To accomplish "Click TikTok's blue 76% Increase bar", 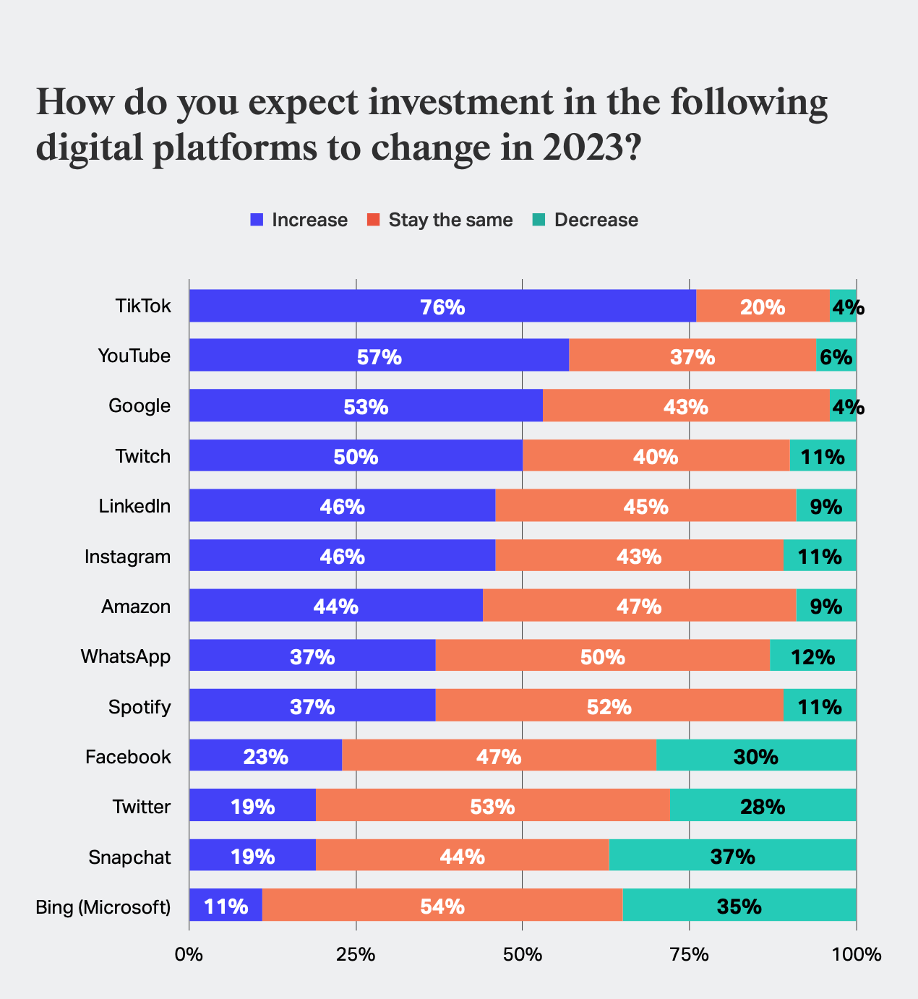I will (442, 306).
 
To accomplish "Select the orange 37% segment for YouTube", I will (692, 356).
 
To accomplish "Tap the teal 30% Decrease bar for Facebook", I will (755, 756).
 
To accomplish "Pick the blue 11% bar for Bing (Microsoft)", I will (226, 906).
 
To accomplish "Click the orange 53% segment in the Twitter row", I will (492, 806).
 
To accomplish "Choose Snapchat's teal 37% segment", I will (732, 856).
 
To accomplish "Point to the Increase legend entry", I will (299, 220).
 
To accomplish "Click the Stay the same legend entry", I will (439, 220).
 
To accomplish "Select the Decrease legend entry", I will (585, 220).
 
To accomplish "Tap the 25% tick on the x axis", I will (356, 955).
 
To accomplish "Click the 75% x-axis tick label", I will (689, 955).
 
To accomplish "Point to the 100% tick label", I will (856, 955).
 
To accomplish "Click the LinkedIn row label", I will (134, 506).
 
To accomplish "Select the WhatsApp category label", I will (126, 656).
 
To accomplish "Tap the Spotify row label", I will (140, 706).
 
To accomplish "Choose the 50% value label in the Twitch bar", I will (356, 456).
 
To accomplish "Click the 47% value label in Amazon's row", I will (639, 606).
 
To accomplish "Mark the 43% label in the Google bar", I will (686, 406).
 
